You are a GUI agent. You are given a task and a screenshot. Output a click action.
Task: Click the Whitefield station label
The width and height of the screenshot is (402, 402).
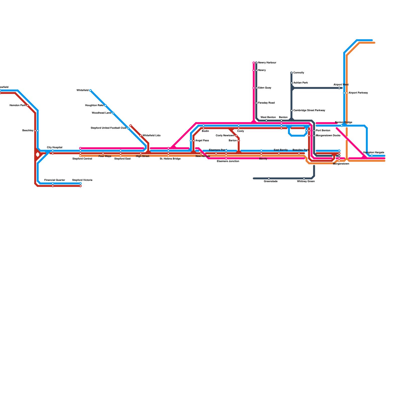pos(82,90)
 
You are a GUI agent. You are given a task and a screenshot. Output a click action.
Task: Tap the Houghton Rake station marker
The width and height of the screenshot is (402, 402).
pos(106,106)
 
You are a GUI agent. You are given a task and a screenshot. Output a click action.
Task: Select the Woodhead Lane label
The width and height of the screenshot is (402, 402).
pos(102,113)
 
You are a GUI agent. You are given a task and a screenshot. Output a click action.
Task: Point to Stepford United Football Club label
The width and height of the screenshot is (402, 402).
pos(108,128)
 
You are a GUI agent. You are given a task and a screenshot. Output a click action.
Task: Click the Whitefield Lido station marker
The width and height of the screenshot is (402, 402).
pos(141,136)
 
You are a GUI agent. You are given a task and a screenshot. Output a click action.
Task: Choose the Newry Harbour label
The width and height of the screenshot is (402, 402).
pos(267,63)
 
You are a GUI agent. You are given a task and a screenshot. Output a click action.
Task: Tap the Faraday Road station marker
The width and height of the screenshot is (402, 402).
pos(256,103)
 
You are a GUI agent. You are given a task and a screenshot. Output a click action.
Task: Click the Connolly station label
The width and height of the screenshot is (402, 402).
pos(299,73)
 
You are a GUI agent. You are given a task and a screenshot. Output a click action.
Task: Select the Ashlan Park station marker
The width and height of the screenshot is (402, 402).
pos(291,83)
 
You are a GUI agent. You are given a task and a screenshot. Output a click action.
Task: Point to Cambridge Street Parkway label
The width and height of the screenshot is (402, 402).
pos(309,111)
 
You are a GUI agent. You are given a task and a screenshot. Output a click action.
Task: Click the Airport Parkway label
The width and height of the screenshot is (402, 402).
pos(358,93)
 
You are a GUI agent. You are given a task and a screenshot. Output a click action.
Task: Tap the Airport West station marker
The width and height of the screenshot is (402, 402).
pos(339,88)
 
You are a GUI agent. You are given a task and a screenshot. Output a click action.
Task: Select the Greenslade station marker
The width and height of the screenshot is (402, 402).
pos(269,178)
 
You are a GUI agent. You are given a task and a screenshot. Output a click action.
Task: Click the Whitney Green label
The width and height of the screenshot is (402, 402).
pos(306,181)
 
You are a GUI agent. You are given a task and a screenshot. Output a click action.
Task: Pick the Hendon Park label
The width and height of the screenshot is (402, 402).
pos(18,106)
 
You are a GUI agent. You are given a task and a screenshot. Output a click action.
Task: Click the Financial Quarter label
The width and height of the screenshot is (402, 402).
pos(55,180)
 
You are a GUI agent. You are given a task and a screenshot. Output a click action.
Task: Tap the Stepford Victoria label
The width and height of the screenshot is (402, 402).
pos(82,180)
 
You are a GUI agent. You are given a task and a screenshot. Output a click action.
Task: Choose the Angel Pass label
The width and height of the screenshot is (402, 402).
pos(202,141)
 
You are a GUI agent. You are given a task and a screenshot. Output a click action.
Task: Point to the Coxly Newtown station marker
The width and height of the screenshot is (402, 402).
pos(236,136)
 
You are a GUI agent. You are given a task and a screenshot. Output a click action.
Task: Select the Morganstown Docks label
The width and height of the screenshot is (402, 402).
pos(328,136)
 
